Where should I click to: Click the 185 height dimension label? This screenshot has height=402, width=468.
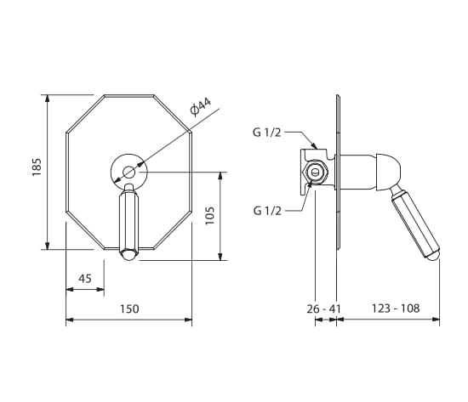(37, 167)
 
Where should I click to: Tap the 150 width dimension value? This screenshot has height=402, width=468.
(129, 309)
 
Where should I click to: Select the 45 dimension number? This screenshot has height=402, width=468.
(85, 279)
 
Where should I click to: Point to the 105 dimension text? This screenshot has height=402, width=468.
(210, 216)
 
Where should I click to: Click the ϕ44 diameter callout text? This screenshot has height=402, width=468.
(200, 106)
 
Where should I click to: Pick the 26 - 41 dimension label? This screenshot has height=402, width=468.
(323, 309)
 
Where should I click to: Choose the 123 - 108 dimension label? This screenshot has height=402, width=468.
(396, 308)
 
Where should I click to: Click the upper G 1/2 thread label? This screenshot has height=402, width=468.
(267, 133)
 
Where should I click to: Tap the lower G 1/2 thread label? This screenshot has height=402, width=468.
(267, 211)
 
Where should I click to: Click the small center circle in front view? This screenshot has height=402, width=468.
(129, 172)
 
